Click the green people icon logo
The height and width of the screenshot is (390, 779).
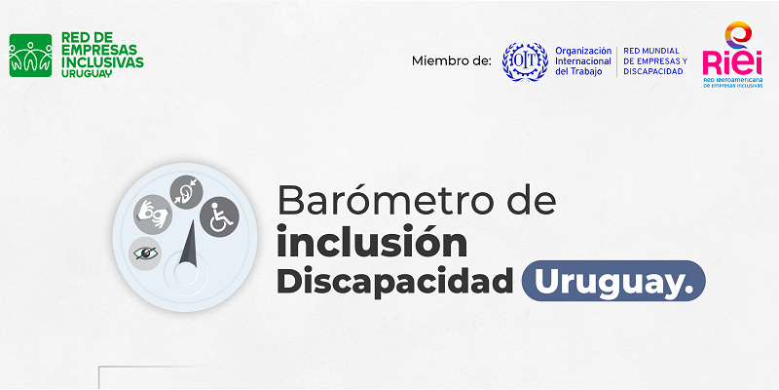(x=30, y=56)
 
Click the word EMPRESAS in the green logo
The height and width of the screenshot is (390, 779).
(x=99, y=50)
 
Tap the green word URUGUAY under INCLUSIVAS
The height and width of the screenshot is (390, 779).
(x=87, y=73)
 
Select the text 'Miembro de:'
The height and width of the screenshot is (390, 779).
(x=451, y=61)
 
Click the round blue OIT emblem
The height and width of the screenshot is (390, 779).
(x=525, y=61)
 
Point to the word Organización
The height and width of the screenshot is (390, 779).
(x=583, y=52)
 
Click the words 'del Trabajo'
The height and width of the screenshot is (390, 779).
(x=578, y=71)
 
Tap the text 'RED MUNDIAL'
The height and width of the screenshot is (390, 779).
(x=651, y=52)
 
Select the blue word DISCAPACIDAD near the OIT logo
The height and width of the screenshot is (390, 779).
(x=653, y=71)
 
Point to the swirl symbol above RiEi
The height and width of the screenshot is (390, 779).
(x=738, y=34)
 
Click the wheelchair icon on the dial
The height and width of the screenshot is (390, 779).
(x=220, y=216)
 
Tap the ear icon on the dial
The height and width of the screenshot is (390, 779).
(x=186, y=192)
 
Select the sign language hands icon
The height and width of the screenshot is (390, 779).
(x=153, y=214)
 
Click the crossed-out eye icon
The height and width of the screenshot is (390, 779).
(x=145, y=253)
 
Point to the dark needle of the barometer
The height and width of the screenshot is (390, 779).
(x=189, y=244)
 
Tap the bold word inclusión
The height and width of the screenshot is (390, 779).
(x=372, y=241)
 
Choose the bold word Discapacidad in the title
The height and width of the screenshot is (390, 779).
(x=395, y=281)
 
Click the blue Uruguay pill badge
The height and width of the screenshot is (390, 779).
(x=613, y=281)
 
